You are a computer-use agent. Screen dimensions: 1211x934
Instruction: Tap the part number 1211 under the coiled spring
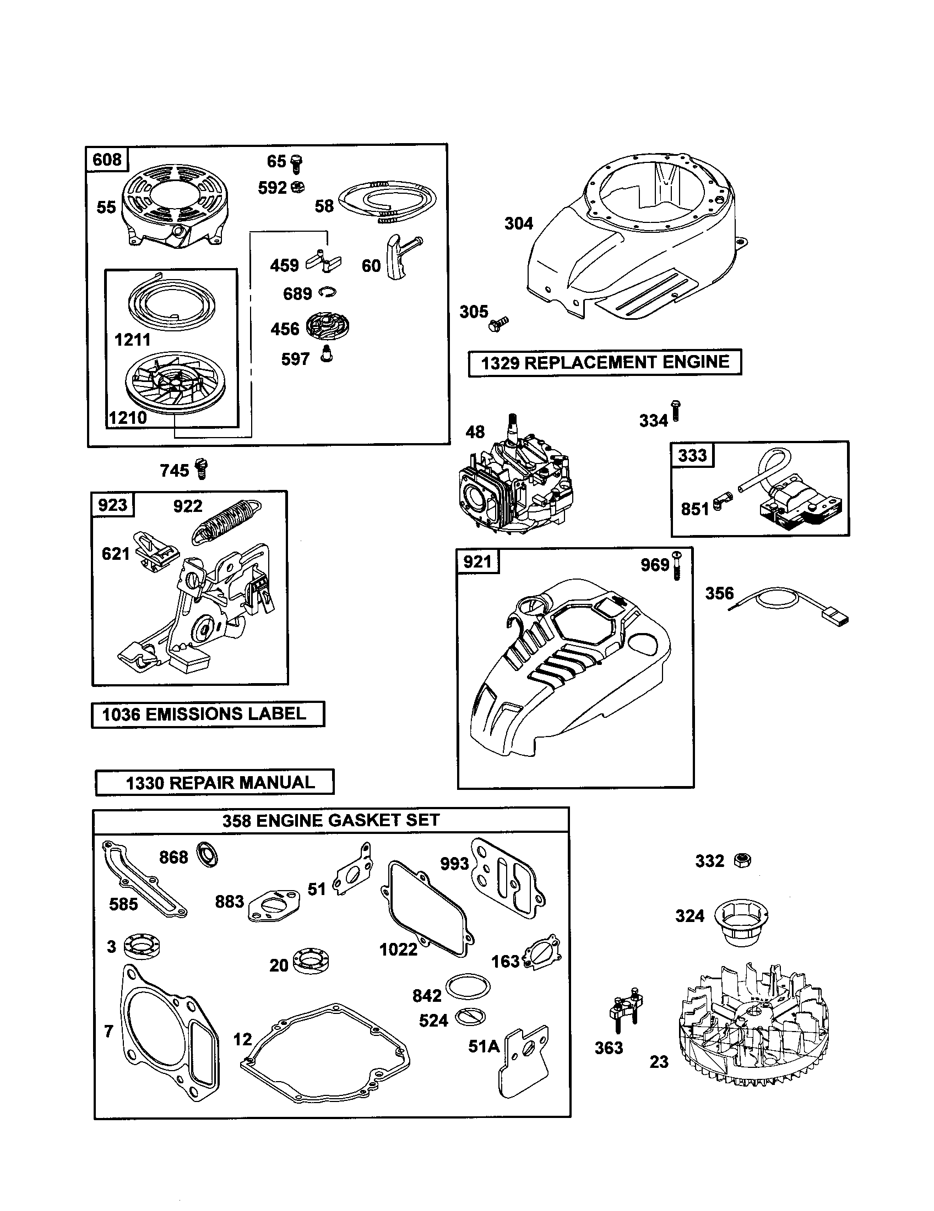(x=132, y=339)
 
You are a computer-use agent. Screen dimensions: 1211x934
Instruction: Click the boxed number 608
(x=106, y=160)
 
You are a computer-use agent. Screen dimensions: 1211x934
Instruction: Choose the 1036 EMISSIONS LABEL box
(x=208, y=714)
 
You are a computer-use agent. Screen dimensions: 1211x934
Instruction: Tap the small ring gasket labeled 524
(x=471, y=1017)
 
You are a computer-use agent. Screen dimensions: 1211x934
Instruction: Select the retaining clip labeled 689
(x=327, y=292)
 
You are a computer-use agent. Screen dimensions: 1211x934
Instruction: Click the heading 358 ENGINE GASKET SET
(x=330, y=820)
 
